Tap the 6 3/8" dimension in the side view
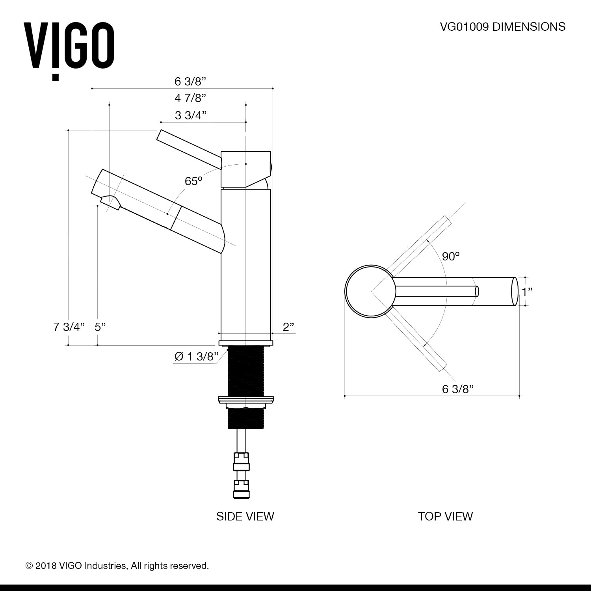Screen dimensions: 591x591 [x=191, y=82]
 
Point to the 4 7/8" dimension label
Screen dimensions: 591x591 [x=191, y=98]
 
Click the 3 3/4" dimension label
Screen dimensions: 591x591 [x=191, y=115]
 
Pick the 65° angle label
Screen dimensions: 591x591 [x=193, y=181]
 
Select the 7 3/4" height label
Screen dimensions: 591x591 [x=69, y=327]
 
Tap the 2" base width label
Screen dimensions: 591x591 [x=288, y=327]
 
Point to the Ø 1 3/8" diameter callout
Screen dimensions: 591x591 [x=196, y=357]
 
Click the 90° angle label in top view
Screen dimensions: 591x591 [x=451, y=256]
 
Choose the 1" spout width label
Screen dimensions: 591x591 [x=527, y=292]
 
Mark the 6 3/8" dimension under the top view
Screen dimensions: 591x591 [x=457, y=389]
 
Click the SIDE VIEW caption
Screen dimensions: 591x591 [x=245, y=517]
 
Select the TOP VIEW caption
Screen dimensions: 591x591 [x=445, y=517]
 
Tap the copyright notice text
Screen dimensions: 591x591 [x=117, y=566]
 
